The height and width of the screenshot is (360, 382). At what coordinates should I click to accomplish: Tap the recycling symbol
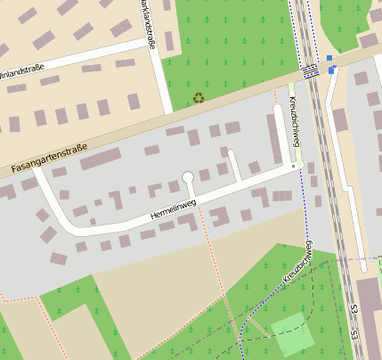coord(198,97)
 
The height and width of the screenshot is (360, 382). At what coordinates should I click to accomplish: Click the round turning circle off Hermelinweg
coord(188,177)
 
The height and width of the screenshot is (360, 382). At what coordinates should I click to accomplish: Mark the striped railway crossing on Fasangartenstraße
coord(309,70)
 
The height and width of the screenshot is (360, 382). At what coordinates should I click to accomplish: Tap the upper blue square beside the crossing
coord(329,58)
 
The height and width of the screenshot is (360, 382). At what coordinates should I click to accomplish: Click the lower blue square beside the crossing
coord(331,70)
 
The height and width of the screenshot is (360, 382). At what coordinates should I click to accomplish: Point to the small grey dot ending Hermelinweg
coord(293,166)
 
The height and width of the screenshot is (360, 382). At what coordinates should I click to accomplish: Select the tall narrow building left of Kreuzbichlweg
coord(275,137)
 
